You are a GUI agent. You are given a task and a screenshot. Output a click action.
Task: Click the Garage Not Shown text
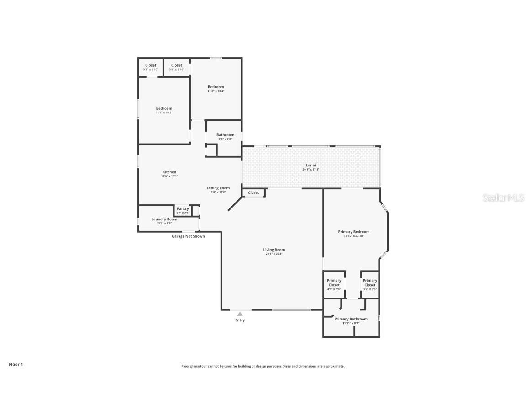(x=188, y=236)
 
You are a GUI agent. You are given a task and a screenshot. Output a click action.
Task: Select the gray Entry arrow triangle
(x=240, y=314)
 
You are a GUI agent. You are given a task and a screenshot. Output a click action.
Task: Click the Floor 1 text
(x=16, y=364)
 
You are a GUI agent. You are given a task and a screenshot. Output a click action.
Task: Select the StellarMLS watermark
(x=504, y=197)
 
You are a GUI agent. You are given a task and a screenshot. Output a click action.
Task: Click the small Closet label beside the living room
(x=253, y=192)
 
